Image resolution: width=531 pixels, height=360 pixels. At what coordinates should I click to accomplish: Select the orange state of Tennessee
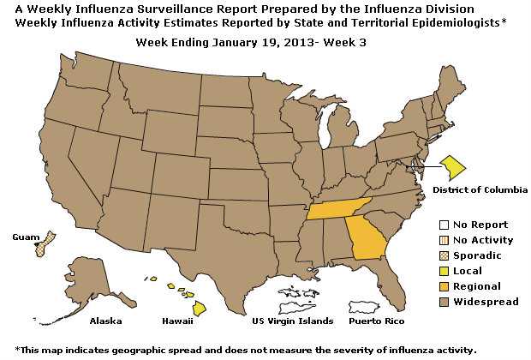click(x=339, y=210)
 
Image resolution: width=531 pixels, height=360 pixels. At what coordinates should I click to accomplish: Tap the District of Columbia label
click(x=480, y=189)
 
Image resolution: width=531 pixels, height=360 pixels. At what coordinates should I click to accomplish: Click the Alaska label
click(x=105, y=321)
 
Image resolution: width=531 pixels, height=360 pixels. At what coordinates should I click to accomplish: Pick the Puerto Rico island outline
click(x=373, y=306)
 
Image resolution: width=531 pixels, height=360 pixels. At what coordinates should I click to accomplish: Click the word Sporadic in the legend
click(x=477, y=255)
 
